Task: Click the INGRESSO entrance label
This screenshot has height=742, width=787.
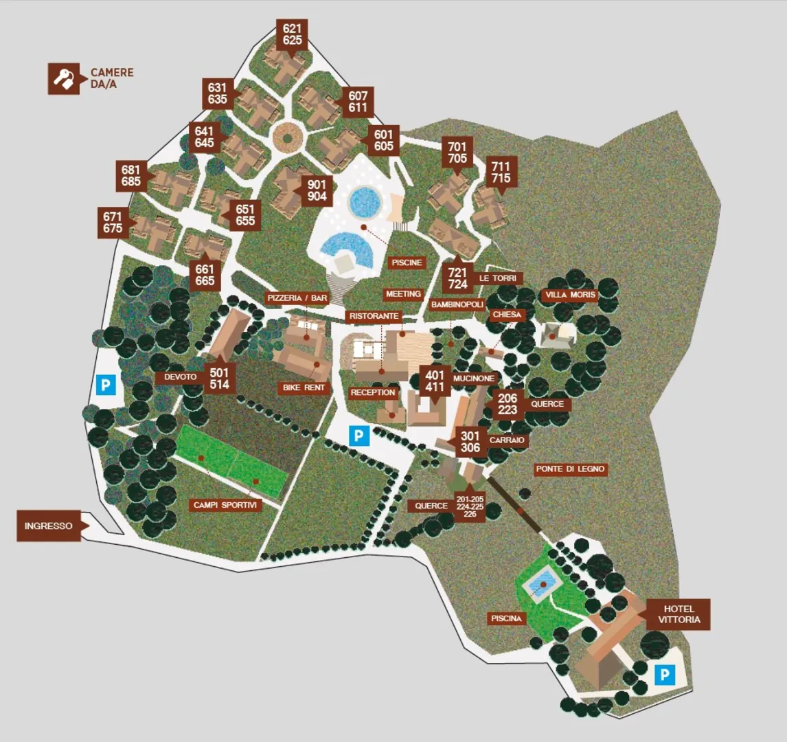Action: coord(49,526)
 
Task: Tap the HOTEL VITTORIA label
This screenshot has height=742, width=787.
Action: coord(678,614)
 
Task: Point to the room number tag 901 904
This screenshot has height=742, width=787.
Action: coord(317,190)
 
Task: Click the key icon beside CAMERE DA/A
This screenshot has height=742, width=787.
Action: coord(65,79)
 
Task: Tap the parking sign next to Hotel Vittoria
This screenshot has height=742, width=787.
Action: coord(664,675)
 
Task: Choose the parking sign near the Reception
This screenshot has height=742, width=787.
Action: coord(359,436)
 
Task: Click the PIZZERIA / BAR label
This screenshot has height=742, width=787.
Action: coord(297,298)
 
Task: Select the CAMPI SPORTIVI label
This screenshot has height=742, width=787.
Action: coord(225,505)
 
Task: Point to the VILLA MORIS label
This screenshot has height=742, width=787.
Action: coord(570,295)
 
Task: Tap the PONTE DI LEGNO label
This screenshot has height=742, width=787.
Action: coord(570,469)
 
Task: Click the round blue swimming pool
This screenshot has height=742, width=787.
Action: coord(365,202)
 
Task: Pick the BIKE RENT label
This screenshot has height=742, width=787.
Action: coord(304,388)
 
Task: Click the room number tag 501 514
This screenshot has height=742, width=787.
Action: coord(220,379)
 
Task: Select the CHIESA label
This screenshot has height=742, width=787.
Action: coord(507,315)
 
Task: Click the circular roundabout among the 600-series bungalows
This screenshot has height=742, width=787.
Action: coord(287,137)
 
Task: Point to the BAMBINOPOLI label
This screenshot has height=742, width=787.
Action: coord(457,304)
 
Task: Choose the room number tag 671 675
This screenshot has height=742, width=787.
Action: coord(113,223)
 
